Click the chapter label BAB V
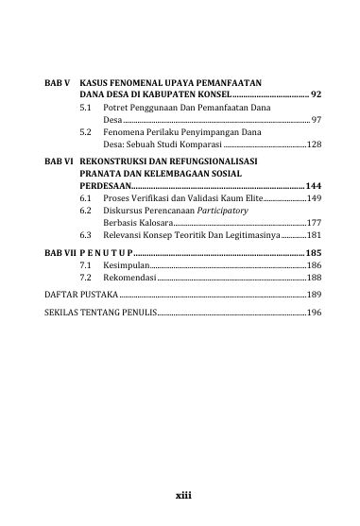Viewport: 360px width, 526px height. point(59,83)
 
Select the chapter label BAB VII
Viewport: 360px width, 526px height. point(61,254)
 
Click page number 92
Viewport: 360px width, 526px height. point(317,95)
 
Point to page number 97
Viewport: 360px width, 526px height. point(317,121)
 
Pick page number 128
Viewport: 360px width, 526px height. point(315,144)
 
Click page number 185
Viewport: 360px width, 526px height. point(314,254)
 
